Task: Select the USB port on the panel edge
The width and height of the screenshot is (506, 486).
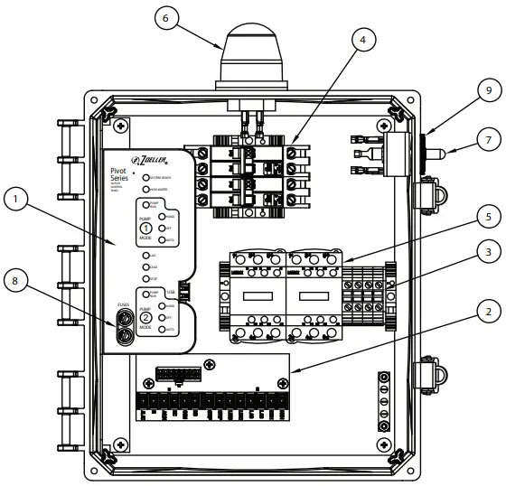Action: point(183,291)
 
